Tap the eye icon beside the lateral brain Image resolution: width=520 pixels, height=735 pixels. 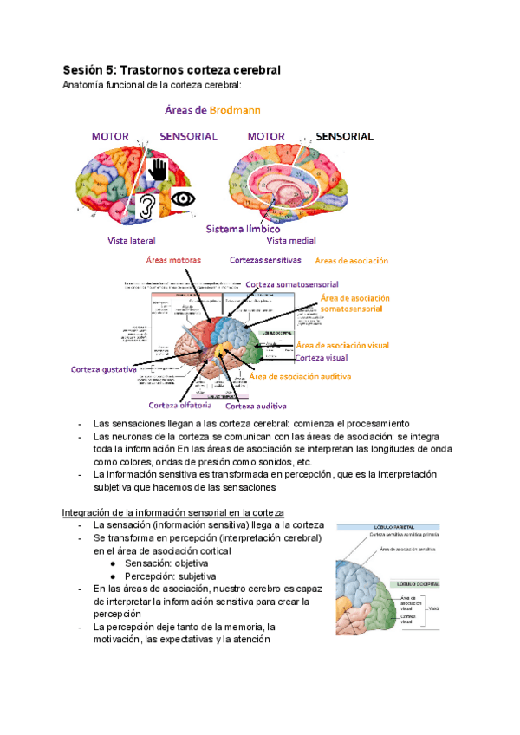182,198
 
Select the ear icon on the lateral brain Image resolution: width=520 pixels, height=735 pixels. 148,206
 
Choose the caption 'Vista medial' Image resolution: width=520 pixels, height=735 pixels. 291,240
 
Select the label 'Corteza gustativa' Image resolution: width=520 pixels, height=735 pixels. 103,370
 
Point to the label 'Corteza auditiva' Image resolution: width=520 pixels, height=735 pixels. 257,406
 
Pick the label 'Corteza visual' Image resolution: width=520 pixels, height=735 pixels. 321,357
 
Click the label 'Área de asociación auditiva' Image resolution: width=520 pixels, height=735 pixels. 299,377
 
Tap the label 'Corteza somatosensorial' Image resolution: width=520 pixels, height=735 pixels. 292,284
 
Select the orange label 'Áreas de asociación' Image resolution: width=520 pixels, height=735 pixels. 351,260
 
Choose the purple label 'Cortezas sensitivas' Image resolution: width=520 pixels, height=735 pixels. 265,259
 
